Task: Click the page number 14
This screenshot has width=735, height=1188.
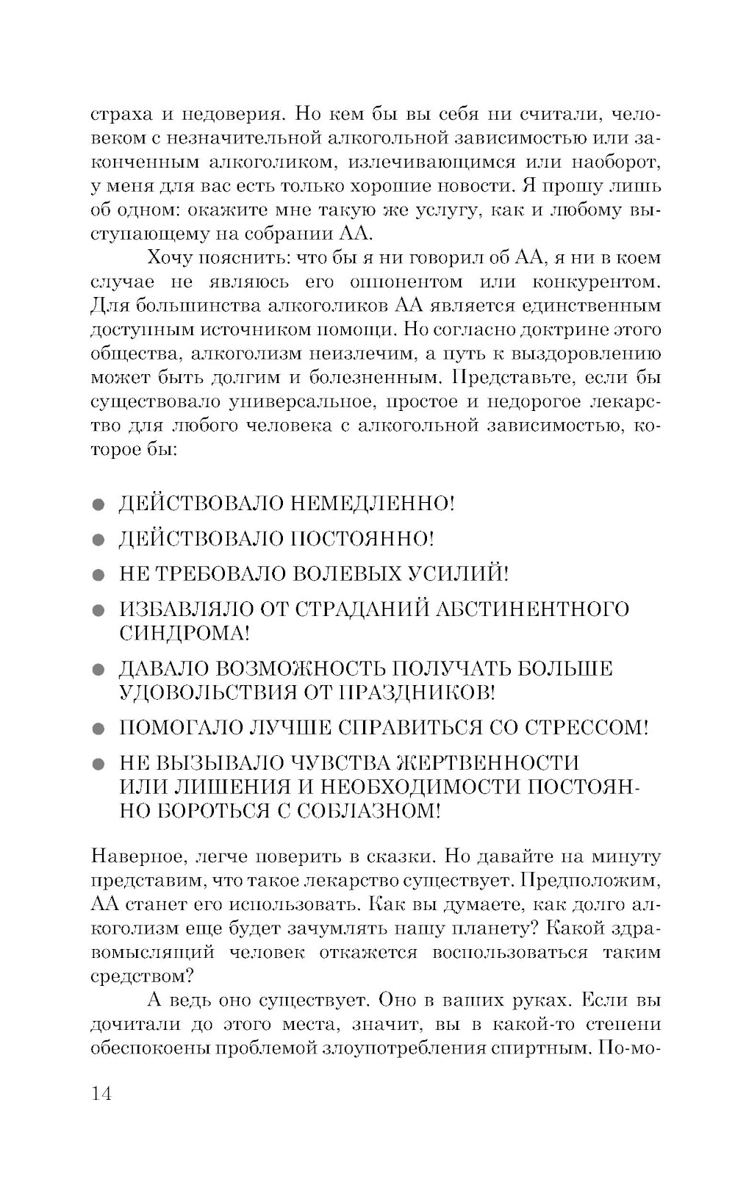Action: click(x=101, y=1093)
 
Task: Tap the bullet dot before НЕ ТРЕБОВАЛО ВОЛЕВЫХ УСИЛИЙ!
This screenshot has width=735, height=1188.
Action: click(x=100, y=575)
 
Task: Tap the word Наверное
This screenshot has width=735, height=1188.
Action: click(x=136, y=857)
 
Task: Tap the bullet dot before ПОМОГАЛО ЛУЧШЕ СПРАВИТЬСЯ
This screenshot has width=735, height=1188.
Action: click(x=100, y=729)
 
